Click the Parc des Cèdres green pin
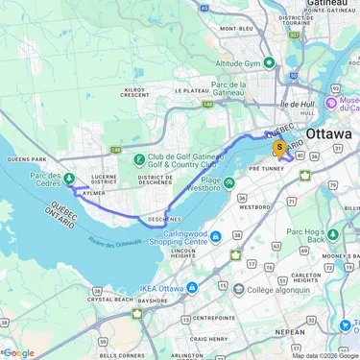point(70,178)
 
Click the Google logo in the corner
point(18,352)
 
